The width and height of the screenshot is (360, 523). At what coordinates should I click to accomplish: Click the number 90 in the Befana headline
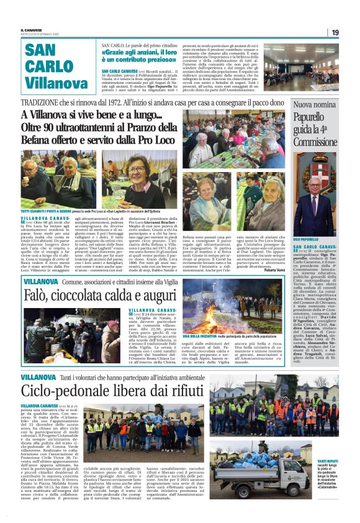56,127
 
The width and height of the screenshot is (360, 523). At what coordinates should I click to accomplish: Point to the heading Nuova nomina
315,105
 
